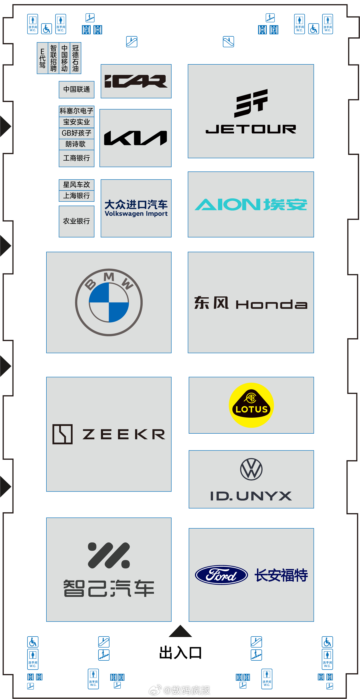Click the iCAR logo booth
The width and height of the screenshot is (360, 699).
click(x=136, y=81)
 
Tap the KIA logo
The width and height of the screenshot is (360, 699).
click(x=136, y=138)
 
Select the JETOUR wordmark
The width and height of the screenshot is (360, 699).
click(x=251, y=129)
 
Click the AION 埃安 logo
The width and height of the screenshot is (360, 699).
click(x=251, y=204)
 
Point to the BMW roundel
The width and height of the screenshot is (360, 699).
click(x=109, y=302)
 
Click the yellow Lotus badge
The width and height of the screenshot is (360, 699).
click(x=251, y=405)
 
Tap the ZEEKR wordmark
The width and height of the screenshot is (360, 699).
click(x=124, y=434)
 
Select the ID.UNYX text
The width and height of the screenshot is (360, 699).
click(x=251, y=496)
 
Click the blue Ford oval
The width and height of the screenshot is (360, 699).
click(x=221, y=575)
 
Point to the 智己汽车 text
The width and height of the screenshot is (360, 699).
click(x=109, y=588)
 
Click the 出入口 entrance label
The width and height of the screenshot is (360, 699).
click(x=180, y=653)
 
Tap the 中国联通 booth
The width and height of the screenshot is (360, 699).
click(x=77, y=89)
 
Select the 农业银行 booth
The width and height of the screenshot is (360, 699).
click(x=77, y=221)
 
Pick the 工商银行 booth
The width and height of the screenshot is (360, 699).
click(x=77, y=158)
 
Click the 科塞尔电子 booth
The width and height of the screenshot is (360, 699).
click(x=76, y=111)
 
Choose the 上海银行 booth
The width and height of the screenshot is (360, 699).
click(x=77, y=196)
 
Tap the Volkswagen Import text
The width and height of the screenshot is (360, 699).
click(x=136, y=214)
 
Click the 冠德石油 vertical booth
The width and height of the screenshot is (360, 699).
click(x=76, y=58)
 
